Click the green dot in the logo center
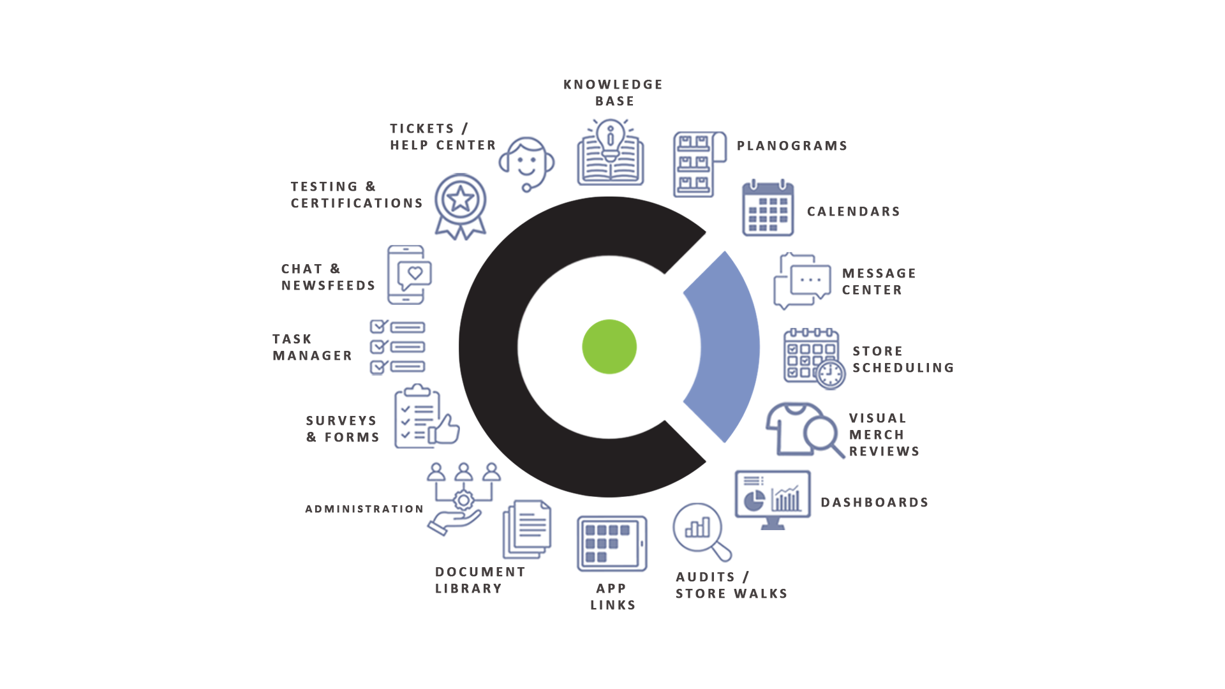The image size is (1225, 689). [609, 346]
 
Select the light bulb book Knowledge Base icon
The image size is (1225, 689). [611, 152]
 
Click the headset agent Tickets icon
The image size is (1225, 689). [527, 163]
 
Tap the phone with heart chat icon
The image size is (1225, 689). [409, 274]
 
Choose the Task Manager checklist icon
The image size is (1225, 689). [397, 347]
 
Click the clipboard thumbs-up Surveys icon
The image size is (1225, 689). [426, 417]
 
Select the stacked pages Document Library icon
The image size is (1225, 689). [527, 529]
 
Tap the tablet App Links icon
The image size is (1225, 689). [612, 544]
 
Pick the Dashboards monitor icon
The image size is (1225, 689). [773, 500]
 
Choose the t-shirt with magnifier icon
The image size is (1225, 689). [805, 429]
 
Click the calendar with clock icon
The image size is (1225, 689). [814, 359]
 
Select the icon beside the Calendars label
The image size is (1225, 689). [768, 209]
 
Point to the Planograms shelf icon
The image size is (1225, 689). [699, 165]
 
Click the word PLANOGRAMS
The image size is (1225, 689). [792, 146]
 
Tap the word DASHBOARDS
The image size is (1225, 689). [874, 503]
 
